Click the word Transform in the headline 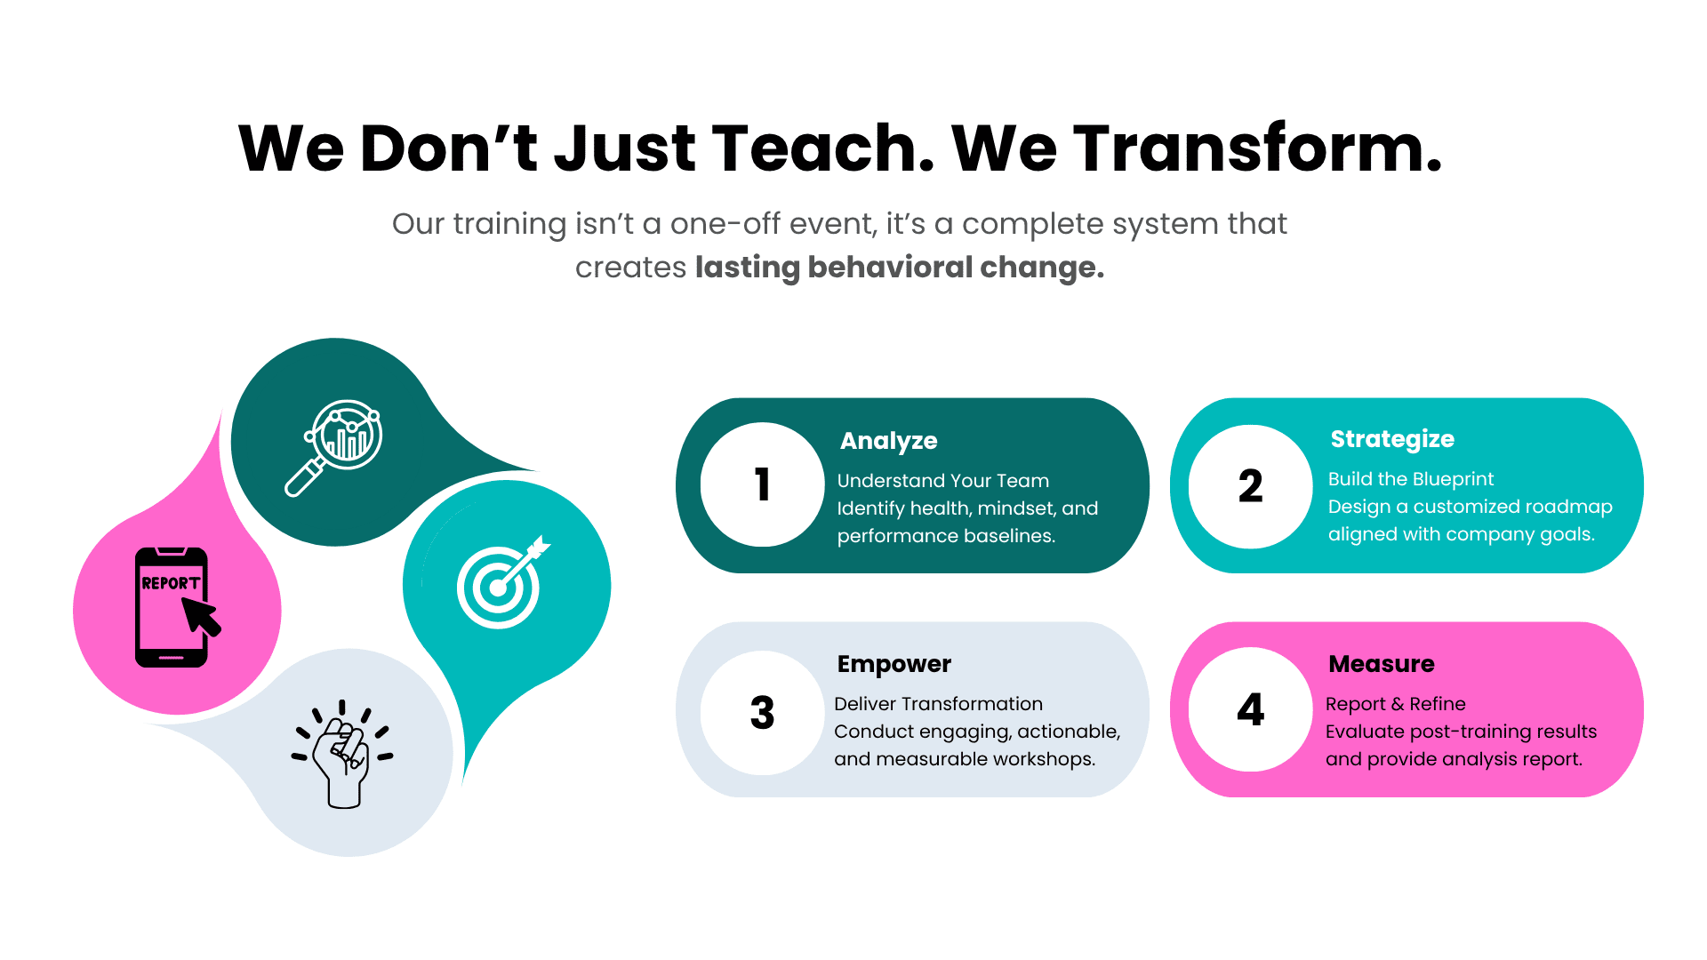click(x=1258, y=148)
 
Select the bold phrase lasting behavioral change click(x=900, y=267)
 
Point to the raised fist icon click(x=342, y=754)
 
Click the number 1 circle click(x=762, y=484)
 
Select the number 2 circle click(x=1250, y=486)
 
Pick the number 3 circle click(x=762, y=712)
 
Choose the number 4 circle click(x=1250, y=709)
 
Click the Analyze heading click(x=889, y=441)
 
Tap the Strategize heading click(x=1392, y=439)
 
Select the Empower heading click(x=894, y=664)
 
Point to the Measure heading click(x=1382, y=664)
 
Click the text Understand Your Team click(x=943, y=481)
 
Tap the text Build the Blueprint click(x=1411, y=479)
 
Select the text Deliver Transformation click(x=938, y=704)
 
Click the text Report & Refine click(x=1396, y=704)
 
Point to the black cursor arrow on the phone click(x=200, y=616)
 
